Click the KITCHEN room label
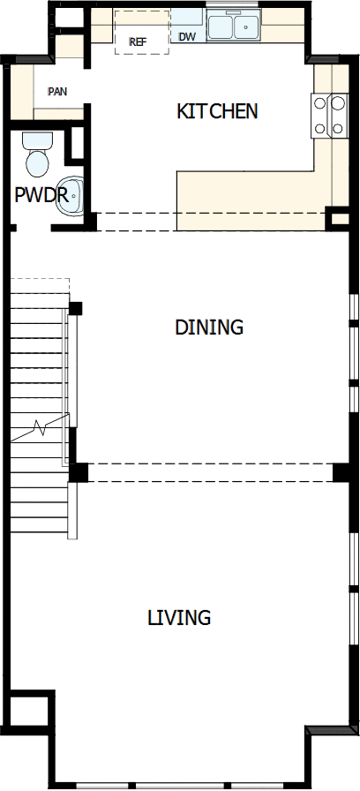click(217, 111)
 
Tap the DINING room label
click(209, 327)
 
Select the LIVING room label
click(179, 617)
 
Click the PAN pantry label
click(58, 91)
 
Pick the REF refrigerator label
click(138, 41)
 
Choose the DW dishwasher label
click(187, 37)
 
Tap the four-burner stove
click(329, 116)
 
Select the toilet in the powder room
click(37, 162)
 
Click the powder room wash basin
click(73, 196)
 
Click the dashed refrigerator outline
click(141, 32)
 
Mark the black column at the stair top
click(76, 308)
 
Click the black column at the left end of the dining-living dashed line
click(79, 472)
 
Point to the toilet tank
click(36, 139)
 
